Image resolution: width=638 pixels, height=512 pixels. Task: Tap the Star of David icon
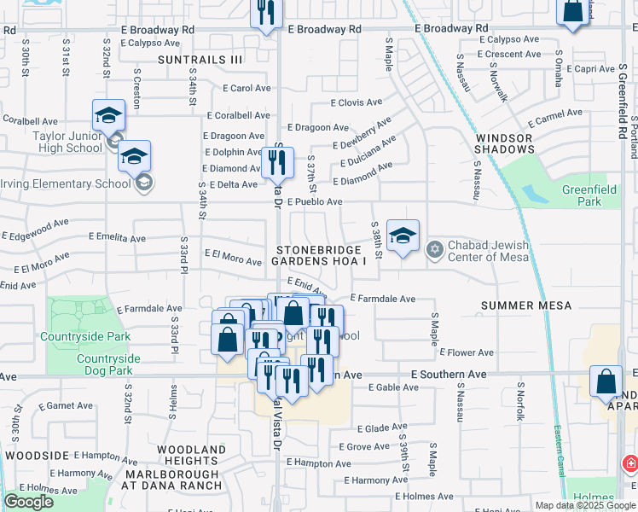pyautogui.click(x=434, y=249)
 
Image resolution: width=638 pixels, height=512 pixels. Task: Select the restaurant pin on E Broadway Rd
pyautogui.click(x=267, y=13)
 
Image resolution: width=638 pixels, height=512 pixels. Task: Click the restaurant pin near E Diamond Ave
pyautogui.click(x=276, y=162)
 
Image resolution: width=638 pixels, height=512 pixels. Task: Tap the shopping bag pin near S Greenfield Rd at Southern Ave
pyautogui.click(x=606, y=382)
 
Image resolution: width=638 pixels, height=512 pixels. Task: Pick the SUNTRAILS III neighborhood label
pyautogui.click(x=200, y=60)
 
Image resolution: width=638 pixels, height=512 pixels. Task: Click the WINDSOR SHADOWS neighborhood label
pyautogui.click(x=504, y=143)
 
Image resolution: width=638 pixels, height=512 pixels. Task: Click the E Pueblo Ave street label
pyautogui.click(x=314, y=202)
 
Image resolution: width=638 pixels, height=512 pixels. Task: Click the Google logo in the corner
pyautogui.click(x=28, y=501)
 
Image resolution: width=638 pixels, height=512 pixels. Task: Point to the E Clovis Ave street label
pyautogui.click(x=357, y=102)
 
